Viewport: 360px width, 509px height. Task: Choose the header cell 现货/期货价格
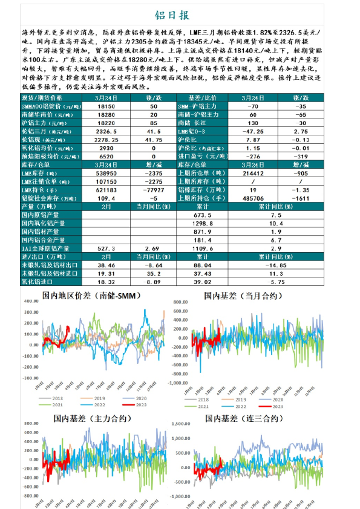[42, 97]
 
